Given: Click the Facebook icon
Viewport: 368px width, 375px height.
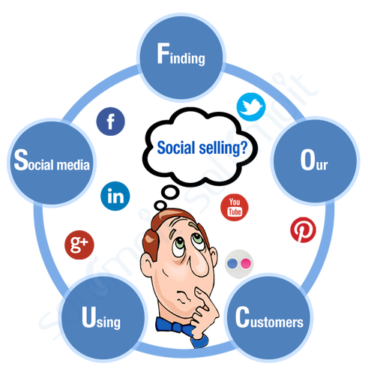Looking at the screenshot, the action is pyautogui.click(x=110, y=121).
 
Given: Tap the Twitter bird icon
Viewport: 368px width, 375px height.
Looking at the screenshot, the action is pyautogui.click(x=251, y=107).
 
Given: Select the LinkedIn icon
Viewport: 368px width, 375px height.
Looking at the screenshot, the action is pyautogui.click(x=115, y=196).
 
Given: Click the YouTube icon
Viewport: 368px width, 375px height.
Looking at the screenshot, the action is pyautogui.click(x=235, y=207).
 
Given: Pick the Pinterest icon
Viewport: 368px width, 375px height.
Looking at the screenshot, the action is pyautogui.click(x=303, y=230).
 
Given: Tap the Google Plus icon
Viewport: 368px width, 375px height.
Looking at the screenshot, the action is pyautogui.click(x=79, y=244).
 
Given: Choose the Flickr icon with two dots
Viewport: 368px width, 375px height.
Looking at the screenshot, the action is pyautogui.click(x=239, y=264).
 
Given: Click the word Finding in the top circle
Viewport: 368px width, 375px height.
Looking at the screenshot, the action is pyautogui.click(x=181, y=54).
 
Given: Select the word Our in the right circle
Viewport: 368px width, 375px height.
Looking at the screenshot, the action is pyautogui.click(x=314, y=160).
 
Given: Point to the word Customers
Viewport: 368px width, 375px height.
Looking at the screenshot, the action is pyautogui.click(x=269, y=317).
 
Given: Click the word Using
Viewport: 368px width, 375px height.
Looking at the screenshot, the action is pyautogui.click(x=101, y=317).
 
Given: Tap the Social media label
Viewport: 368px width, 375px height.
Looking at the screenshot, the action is pyautogui.click(x=52, y=160).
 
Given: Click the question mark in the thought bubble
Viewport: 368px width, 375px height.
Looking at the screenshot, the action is pyautogui.click(x=243, y=148).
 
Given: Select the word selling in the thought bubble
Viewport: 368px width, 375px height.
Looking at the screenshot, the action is pyautogui.click(x=217, y=148).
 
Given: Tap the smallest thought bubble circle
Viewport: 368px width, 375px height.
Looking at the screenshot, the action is pyautogui.click(x=160, y=206).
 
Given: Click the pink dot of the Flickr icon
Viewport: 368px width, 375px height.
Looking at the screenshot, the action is pyautogui.click(x=246, y=264).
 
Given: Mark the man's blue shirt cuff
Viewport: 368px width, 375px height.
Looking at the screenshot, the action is pyautogui.click(x=200, y=341).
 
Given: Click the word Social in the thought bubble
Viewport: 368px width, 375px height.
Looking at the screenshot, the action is pyautogui.click(x=176, y=148).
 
